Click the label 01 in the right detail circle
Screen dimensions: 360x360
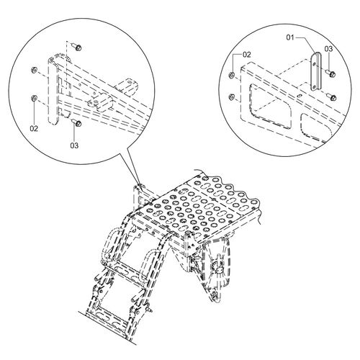pos(290,37)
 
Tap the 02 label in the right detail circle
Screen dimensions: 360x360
pos(247,55)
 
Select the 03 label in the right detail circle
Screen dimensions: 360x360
pos(329,49)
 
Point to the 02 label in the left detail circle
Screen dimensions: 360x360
pos(34,129)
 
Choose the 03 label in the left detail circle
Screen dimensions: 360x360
pos(74,145)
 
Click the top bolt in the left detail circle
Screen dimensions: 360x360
pos(77,46)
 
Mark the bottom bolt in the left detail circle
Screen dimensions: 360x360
pos(77,123)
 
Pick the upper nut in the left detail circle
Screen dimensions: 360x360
pos(34,70)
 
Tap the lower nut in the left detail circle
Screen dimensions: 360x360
pos(34,98)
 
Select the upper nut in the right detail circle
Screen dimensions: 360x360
pos(232,75)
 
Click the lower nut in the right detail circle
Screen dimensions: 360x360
pos(232,97)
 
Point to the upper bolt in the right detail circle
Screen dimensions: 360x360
pos(331,73)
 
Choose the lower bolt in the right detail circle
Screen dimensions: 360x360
pos(332,97)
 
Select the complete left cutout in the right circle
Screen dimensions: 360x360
pos(271,107)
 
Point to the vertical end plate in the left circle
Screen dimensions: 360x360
pos(53,91)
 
